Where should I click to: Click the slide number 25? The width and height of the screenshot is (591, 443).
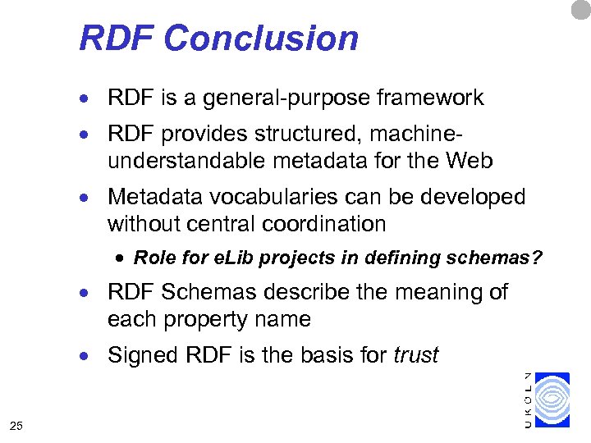click(x=16, y=424)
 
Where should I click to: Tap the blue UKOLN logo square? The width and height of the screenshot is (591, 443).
click(x=551, y=400)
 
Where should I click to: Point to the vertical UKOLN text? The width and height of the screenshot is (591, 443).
click(x=528, y=400)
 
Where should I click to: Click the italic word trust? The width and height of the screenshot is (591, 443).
click(x=416, y=355)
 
